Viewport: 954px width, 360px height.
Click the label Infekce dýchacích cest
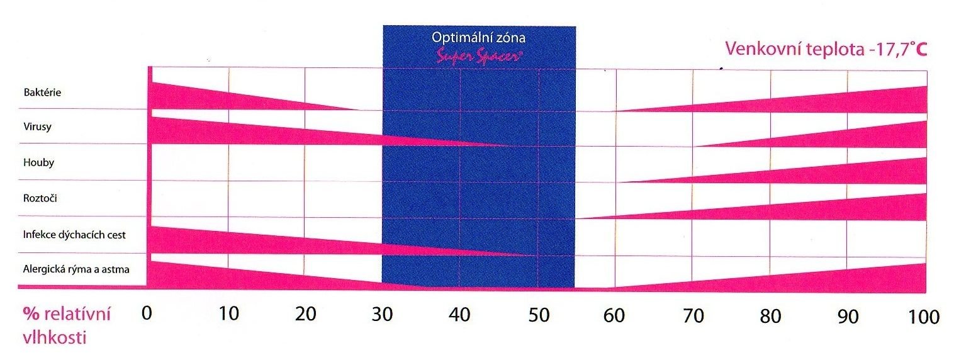[x=74, y=235]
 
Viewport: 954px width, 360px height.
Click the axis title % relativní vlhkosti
[x=67, y=325]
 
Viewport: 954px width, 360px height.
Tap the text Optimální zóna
[x=479, y=37]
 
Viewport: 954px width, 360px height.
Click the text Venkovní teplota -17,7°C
[x=826, y=49]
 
